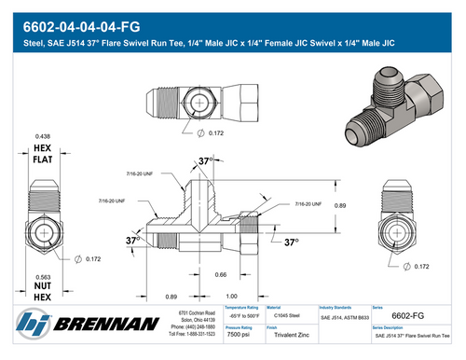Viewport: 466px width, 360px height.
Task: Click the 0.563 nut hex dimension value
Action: point(44,276)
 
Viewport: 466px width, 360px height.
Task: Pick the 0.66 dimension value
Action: point(221,274)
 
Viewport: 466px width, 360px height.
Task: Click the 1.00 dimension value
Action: point(245,296)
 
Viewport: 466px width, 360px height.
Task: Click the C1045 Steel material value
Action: point(286,317)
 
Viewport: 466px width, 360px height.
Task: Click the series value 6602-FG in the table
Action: point(408,316)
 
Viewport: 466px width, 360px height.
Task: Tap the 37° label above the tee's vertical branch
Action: point(207,161)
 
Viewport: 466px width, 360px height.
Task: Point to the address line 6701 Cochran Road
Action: point(197,312)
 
